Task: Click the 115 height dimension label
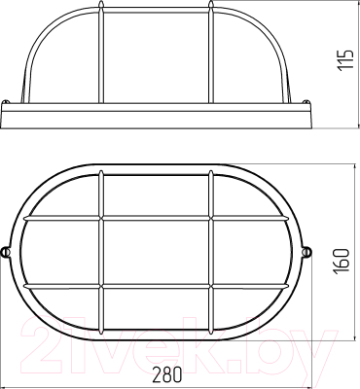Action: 344,59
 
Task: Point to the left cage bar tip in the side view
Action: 101,5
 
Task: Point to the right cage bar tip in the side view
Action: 211,5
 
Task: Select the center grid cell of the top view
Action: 156,252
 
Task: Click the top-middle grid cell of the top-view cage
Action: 156,195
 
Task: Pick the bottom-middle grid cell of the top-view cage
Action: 156,309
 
